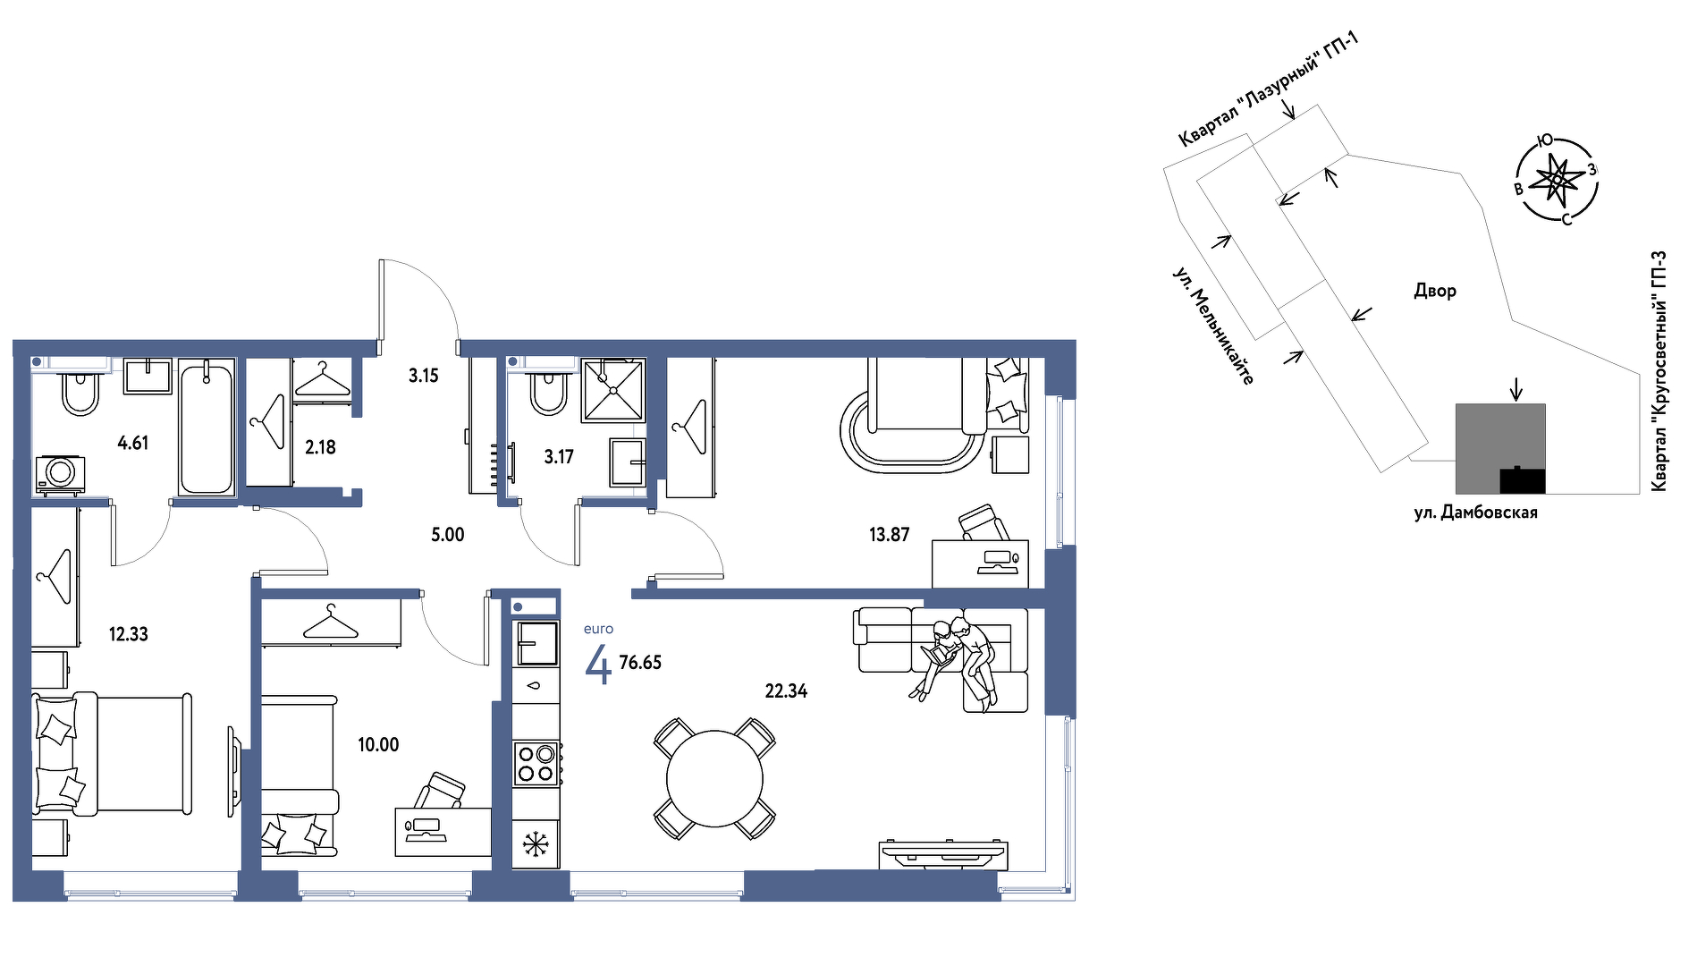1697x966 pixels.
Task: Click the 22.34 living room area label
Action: click(x=786, y=691)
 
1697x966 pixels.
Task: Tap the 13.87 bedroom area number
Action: click(x=889, y=535)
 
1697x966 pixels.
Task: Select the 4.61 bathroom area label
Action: click(x=133, y=443)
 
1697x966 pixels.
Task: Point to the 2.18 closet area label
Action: click(x=320, y=446)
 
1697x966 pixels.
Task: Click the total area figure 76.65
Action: click(x=640, y=663)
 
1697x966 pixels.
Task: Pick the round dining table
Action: click(x=714, y=778)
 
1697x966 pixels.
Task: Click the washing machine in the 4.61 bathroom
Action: click(x=61, y=473)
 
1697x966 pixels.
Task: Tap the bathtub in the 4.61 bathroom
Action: click(x=206, y=427)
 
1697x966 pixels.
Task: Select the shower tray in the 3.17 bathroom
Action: click(x=613, y=390)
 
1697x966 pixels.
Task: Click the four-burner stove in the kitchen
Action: click(x=536, y=763)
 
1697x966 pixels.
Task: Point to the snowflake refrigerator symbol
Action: click(x=535, y=843)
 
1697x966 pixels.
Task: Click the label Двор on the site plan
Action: click(x=1435, y=291)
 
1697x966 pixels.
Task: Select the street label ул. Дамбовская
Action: click(x=1475, y=513)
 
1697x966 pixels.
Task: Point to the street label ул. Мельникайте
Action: click(x=1213, y=326)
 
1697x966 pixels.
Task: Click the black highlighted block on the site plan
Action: click(x=1522, y=480)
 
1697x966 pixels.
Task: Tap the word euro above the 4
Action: click(x=598, y=629)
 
